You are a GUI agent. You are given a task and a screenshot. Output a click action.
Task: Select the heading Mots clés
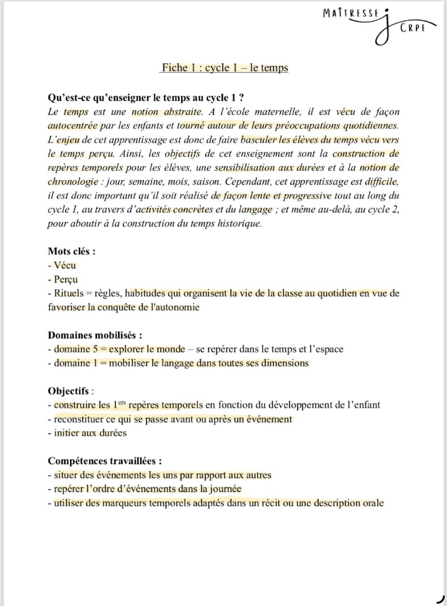tap(72, 251)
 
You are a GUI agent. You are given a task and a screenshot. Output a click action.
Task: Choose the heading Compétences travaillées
tap(105, 461)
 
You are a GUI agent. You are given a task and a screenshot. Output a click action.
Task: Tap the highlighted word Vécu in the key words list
tap(65, 265)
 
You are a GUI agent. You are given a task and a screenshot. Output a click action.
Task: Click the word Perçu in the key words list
tap(66, 279)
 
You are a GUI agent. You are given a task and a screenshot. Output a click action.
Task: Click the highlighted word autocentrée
tap(73, 126)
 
